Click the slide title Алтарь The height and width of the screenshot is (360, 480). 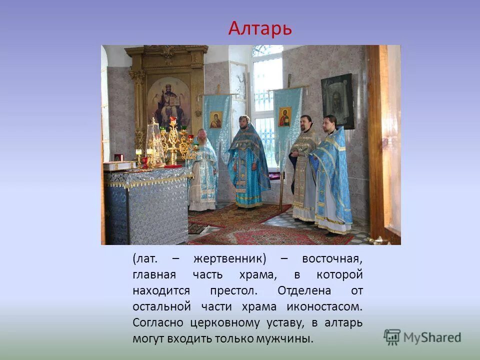pyautogui.click(x=260, y=28)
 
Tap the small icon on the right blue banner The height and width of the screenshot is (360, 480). pyautogui.click(x=284, y=116)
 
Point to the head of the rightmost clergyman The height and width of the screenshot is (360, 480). pyautogui.click(x=329, y=122)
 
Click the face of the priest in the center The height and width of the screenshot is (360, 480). pyautogui.click(x=244, y=122)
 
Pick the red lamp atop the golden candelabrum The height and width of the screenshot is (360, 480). pyautogui.click(x=173, y=120)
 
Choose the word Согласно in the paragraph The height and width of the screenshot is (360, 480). pyautogui.click(x=158, y=322)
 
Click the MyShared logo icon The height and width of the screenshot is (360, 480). pyautogui.click(x=392, y=336)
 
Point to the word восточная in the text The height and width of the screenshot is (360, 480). pyautogui.click(x=332, y=259)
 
